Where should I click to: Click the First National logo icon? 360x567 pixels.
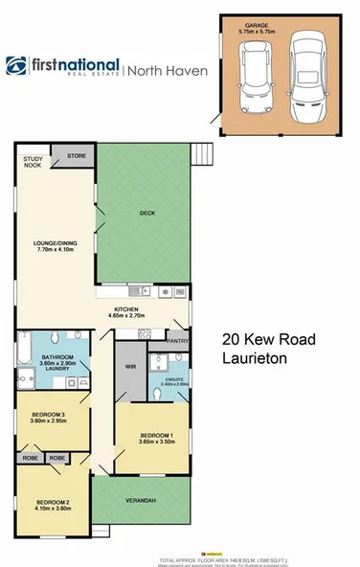(x=16, y=66)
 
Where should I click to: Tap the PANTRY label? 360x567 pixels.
(x=176, y=340)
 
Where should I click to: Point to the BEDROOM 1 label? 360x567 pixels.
(x=148, y=437)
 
